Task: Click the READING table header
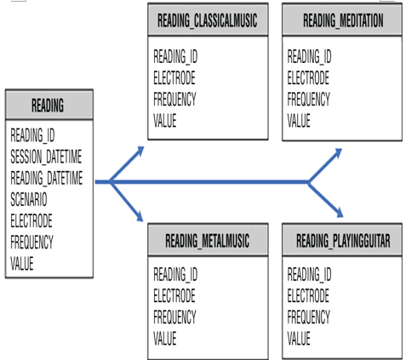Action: pyautogui.click(x=48, y=106)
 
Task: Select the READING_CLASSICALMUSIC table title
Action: pyautogui.click(x=208, y=20)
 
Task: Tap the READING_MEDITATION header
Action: pyautogui.click(x=343, y=20)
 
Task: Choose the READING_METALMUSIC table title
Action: pyautogui.click(x=208, y=241)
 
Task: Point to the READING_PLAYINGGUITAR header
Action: pyautogui.click(x=343, y=241)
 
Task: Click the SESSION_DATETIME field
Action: pyautogui.click(x=46, y=157)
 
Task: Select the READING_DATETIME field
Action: pyautogui.click(x=47, y=178)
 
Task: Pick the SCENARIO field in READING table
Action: pyautogui.click(x=29, y=199)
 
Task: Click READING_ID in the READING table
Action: pyautogui.click(x=32, y=135)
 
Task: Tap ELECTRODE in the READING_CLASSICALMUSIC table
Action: pyautogui.click(x=174, y=77)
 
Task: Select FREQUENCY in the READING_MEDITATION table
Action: pyautogui.click(x=308, y=99)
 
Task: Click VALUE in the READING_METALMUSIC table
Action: pyautogui.click(x=165, y=338)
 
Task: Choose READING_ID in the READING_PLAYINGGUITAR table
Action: pyautogui.click(x=309, y=274)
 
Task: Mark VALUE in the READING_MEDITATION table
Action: pyautogui.click(x=299, y=120)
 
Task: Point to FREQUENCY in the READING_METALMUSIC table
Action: pyautogui.click(x=174, y=317)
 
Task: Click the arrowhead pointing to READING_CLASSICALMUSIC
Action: pyautogui.click(x=140, y=151)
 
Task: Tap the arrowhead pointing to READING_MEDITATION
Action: pyautogui.click(x=338, y=152)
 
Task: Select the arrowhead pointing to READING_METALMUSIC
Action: pyautogui.click(x=140, y=217)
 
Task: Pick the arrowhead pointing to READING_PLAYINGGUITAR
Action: pyautogui.click(x=340, y=213)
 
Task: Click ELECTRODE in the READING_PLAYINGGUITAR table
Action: pyautogui.click(x=308, y=295)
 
